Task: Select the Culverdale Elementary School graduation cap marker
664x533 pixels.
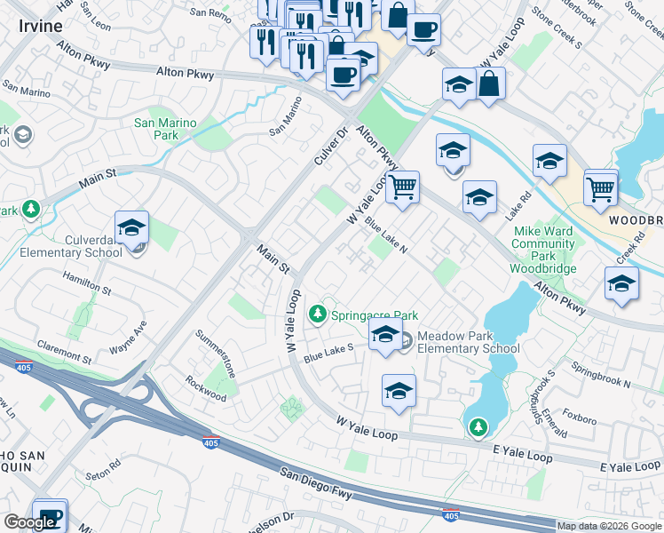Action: [131, 228]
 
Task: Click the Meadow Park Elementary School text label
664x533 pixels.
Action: [468, 342]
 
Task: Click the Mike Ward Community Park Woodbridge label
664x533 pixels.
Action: [544, 250]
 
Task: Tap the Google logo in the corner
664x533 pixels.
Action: [29, 522]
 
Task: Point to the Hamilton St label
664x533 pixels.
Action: [86, 283]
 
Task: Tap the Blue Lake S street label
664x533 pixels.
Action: [328, 353]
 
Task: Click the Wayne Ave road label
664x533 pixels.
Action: [127, 342]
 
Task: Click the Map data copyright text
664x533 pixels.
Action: [610, 526]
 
